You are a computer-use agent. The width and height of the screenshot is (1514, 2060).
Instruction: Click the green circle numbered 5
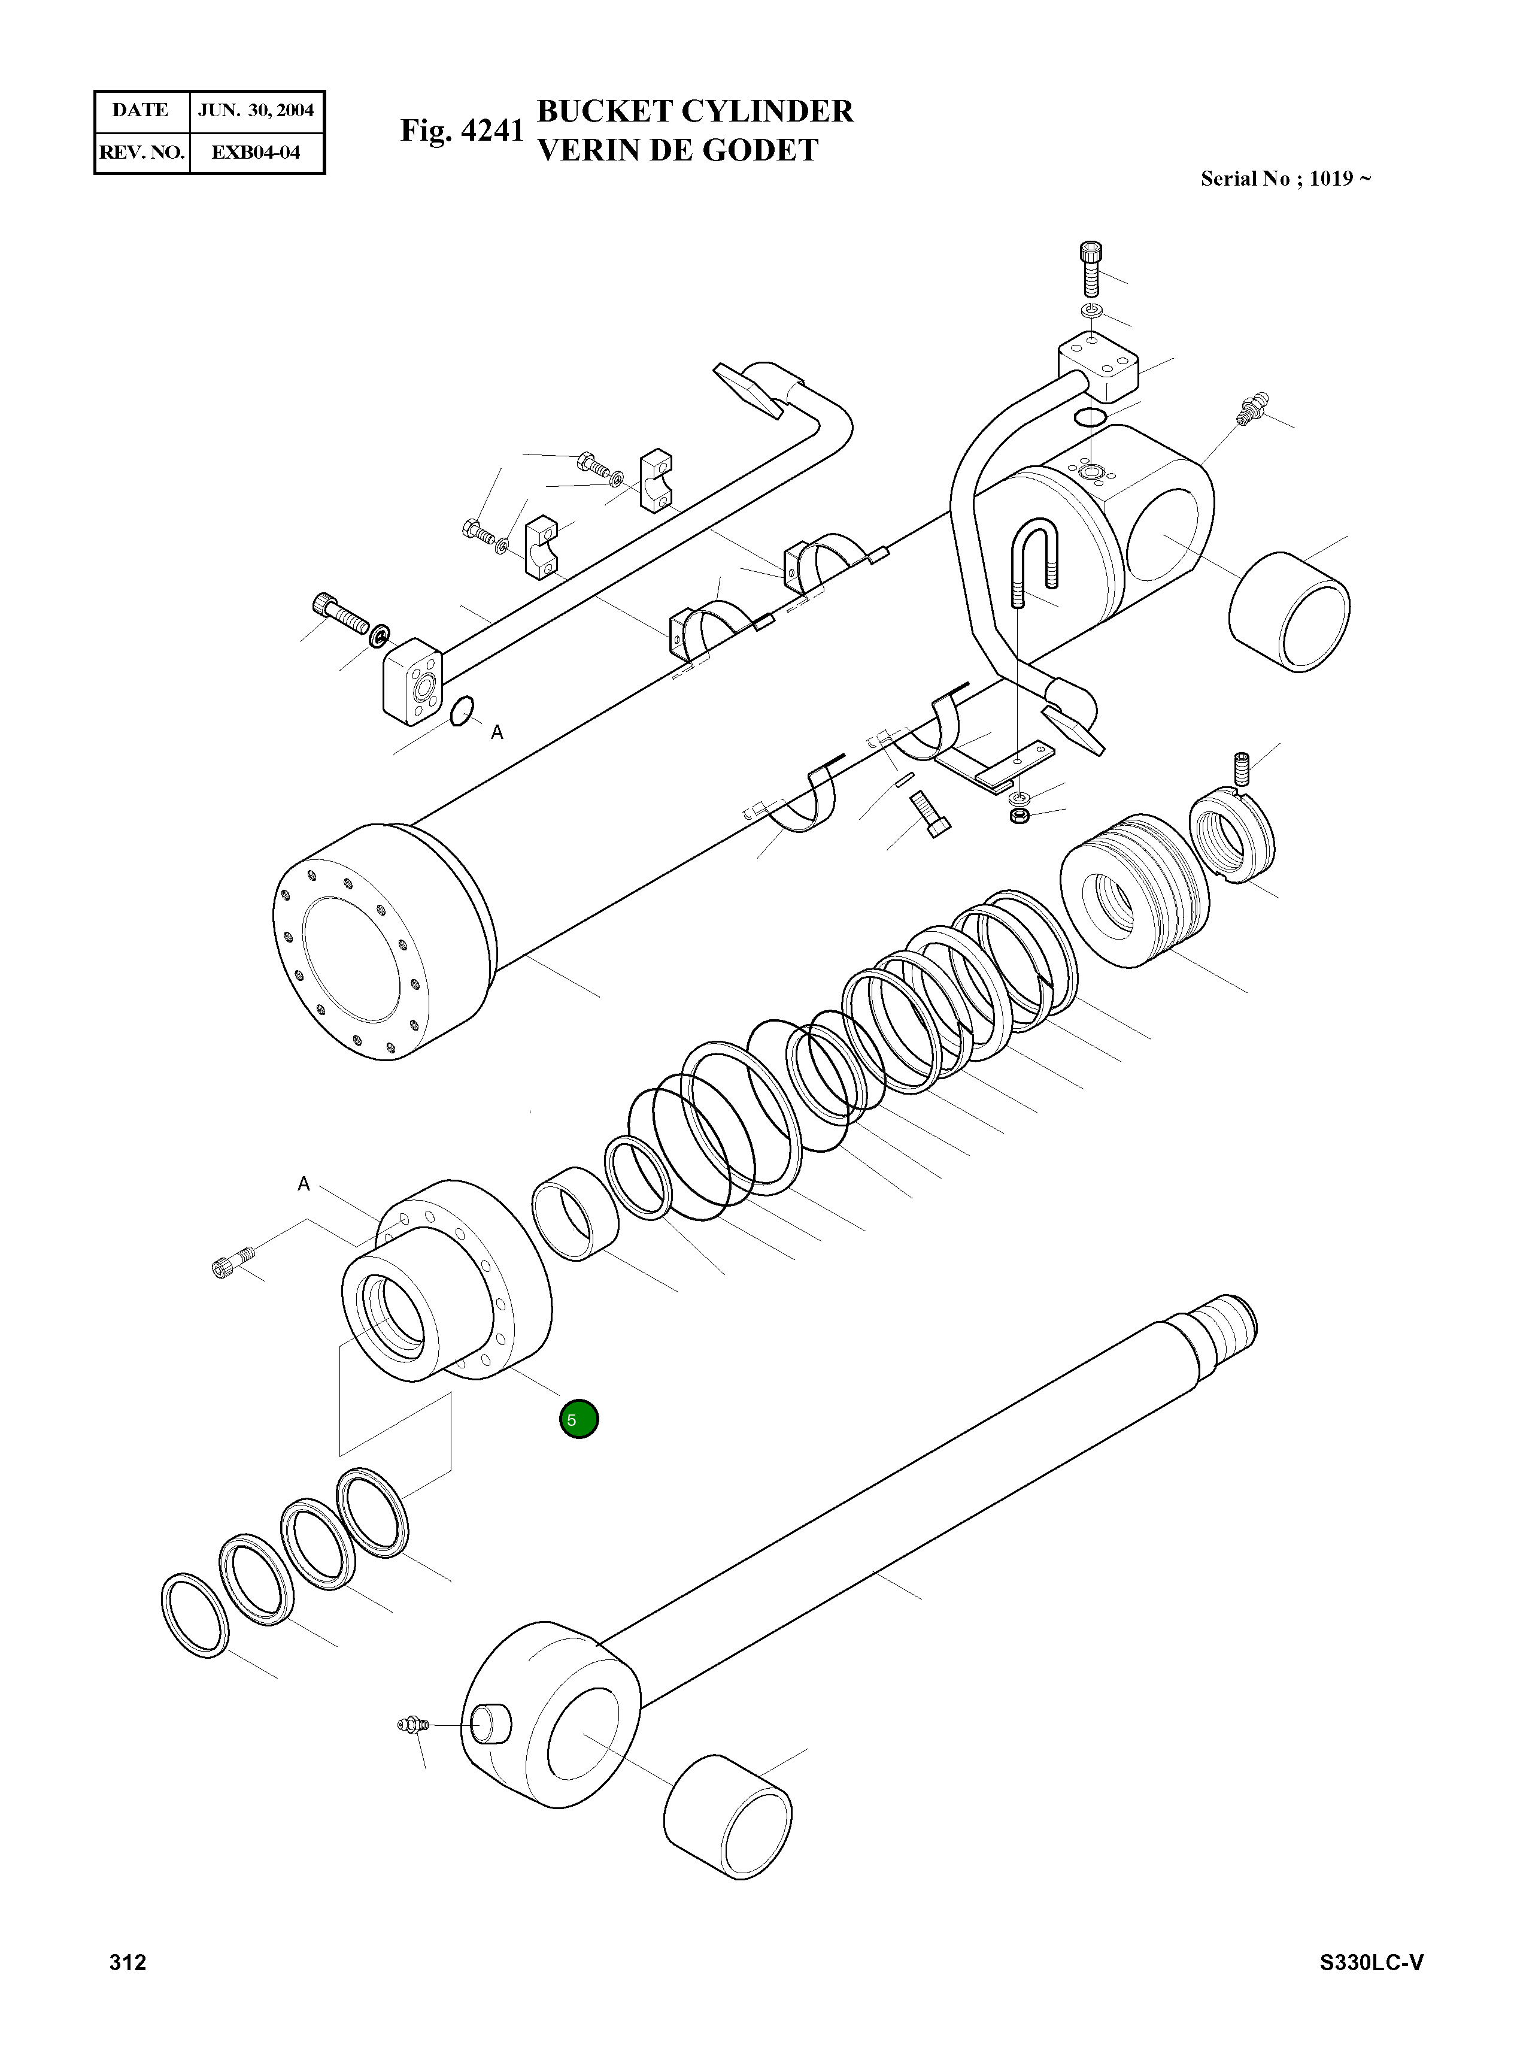tap(578, 1419)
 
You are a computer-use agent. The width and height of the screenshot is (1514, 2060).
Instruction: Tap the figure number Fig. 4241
tap(462, 131)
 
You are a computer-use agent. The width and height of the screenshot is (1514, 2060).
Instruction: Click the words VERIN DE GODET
tap(677, 150)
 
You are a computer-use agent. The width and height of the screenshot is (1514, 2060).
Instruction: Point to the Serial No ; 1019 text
tap(1285, 179)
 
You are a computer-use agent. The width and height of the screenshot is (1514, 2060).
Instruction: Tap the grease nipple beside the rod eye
tap(409, 1726)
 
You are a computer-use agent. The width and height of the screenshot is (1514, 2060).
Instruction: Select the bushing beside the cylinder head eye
tap(1288, 611)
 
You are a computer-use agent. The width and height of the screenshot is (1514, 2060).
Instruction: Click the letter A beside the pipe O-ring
tap(497, 732)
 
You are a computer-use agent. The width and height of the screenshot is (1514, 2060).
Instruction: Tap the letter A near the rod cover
tap(304, 1184)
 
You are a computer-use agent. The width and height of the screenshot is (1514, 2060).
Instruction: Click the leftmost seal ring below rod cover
tap(195, 1615)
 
